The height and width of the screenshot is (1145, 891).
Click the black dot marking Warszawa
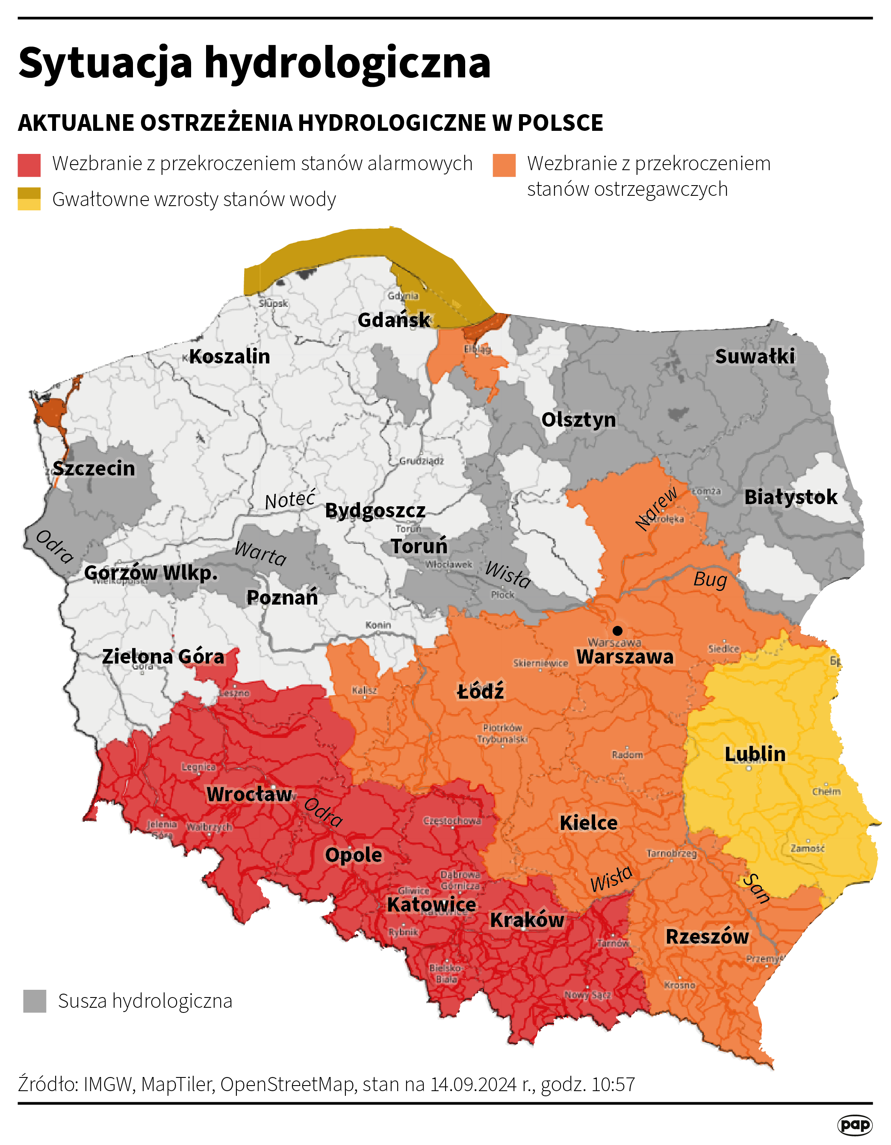617,630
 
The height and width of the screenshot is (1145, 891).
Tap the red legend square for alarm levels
30,165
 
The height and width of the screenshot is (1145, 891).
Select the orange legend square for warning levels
504,165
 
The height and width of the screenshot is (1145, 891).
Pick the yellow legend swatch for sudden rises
30,199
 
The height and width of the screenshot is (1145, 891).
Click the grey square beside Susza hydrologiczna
35,1001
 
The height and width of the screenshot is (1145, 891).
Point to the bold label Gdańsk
394,320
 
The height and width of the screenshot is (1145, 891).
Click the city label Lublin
755,754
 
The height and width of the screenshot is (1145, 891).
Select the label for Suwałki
755,357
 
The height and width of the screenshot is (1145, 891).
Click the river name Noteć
290,500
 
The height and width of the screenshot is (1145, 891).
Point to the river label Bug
710,580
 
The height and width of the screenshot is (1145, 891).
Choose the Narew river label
656,508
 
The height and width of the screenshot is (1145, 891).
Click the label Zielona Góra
163,656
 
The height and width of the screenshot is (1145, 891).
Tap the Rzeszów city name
707,936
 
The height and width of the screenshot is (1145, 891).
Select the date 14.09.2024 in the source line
473,1084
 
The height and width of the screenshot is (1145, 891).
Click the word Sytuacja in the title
105,63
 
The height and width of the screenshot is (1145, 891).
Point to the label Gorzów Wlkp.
151,572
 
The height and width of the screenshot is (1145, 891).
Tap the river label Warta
260,554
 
